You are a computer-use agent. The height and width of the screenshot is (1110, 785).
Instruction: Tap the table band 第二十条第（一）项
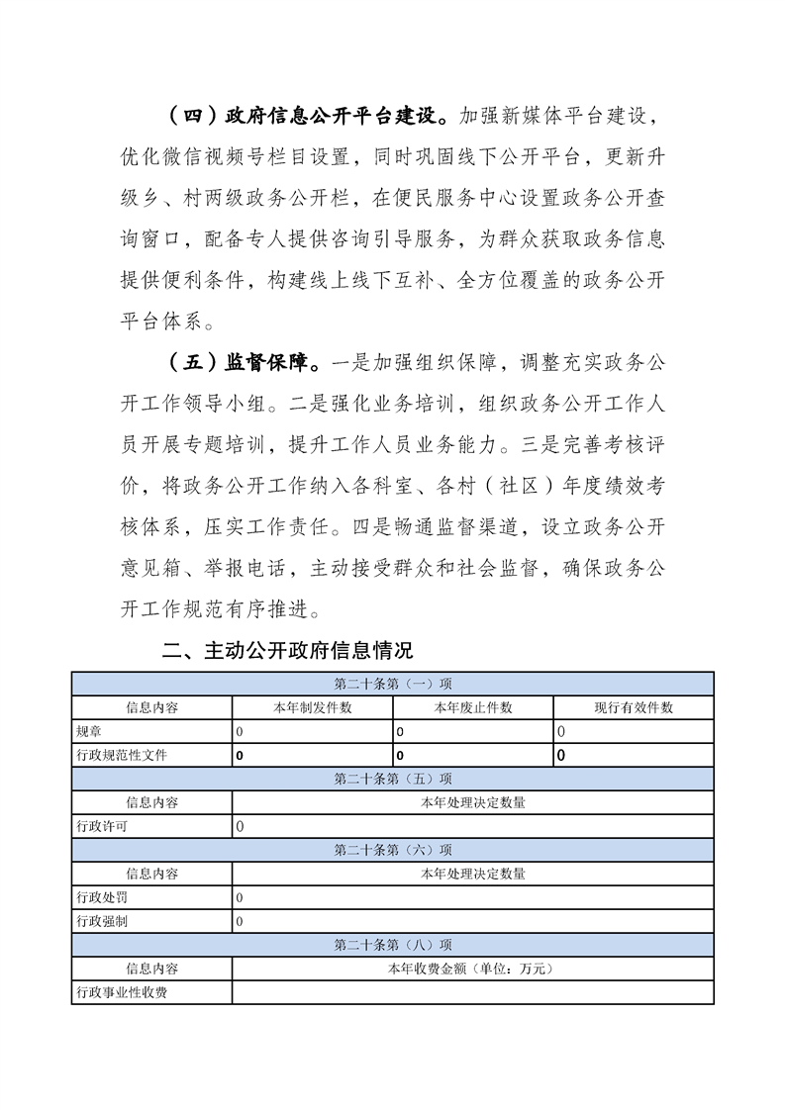click(x=392, y=685)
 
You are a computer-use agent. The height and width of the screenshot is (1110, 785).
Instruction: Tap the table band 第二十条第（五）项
click(x=392, y=779)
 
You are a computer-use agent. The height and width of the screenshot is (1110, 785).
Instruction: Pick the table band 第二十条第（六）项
click(x=392, y=850)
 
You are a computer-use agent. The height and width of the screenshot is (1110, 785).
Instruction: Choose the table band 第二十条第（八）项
click(x=392, y=945)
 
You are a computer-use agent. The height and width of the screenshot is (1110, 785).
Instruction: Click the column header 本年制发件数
click(x=313, y=708)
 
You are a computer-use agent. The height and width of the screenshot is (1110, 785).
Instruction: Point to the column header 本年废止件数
click(x=473, y=708)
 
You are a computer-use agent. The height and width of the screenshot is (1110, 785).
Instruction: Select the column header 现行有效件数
click(x=634, y=708)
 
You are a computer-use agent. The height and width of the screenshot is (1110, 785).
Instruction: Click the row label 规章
click(x=88, y=732)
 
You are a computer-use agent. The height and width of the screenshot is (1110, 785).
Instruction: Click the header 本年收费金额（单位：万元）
click(x=473, y=969)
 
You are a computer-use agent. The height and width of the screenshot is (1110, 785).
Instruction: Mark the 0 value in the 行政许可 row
click(x=240, y=826)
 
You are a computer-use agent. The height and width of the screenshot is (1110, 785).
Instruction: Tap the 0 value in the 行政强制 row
click(x=240, y=921)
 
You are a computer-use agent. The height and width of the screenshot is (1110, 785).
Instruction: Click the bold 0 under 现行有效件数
click(x=561, y=756)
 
